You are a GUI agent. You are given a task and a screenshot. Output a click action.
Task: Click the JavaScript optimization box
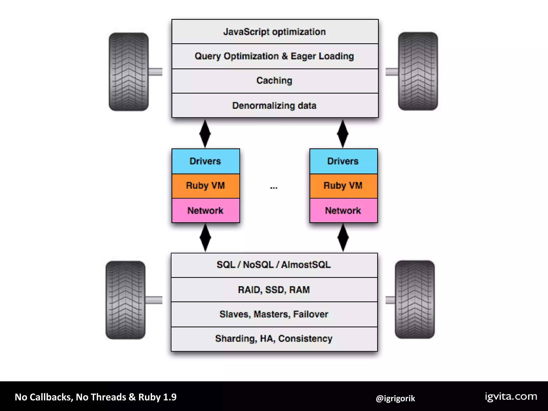coord(275,32)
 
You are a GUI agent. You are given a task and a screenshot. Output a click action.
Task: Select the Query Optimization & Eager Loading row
coord(275,56)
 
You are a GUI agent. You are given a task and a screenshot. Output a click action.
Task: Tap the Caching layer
coord(275,81)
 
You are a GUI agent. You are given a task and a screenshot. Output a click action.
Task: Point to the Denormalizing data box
coord(275,105)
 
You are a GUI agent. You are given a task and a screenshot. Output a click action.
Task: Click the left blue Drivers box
coord(205,161)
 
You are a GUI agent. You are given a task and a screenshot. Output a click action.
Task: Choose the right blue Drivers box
coord(343,161)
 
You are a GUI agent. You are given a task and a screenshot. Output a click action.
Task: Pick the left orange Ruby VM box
coord(205,186)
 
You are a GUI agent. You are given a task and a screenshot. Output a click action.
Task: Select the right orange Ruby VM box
coord(343,186)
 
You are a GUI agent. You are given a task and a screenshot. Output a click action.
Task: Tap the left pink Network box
coord(205,211)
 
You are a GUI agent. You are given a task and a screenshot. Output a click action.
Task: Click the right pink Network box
coord(343,211)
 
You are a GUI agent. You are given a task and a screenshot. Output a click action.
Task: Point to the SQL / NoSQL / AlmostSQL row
coord(274,265)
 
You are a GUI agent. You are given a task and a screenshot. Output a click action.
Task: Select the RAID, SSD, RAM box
coord(274,290)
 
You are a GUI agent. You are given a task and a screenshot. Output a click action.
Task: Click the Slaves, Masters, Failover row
coord(274,314)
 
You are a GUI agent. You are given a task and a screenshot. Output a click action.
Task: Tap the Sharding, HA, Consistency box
coord(274,339)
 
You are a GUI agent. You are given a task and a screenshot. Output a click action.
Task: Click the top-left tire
coord(129,72)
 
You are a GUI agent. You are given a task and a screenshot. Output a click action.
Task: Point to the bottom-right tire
coord(415,299)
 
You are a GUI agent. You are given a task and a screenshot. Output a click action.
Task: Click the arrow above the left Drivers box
coord(205,134)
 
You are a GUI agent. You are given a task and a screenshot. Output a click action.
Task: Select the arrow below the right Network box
coord(343,238)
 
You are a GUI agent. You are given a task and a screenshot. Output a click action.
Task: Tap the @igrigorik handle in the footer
coord(395,398)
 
